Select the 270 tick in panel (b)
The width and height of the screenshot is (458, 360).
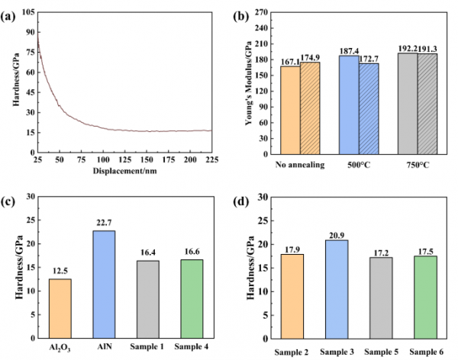[x=267, y=13]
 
